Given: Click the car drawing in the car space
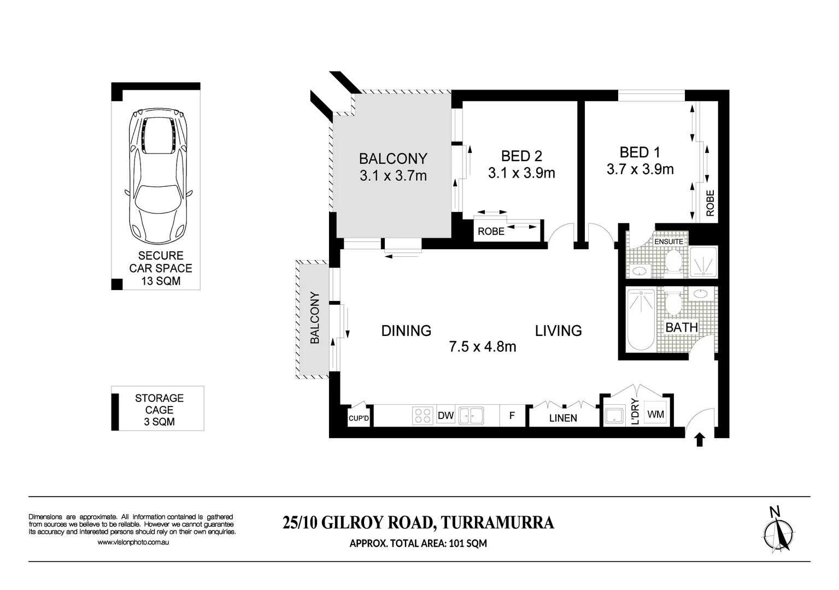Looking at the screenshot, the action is [159, 176].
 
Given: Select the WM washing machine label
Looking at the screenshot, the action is [655, 415].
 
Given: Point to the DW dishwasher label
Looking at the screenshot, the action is [445, 416].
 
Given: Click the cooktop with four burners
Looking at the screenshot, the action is [423, 416].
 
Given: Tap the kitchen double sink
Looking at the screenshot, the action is [471, 416].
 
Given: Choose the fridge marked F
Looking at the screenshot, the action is [512, 416].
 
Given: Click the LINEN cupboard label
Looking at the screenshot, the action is [563, 418].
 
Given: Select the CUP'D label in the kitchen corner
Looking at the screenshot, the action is [359, 418].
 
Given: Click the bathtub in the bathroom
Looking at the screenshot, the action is [641, 320].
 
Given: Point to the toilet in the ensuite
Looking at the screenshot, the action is [673, 261].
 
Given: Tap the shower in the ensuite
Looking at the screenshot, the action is [703, 262].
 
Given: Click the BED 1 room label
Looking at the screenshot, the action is [639, 152].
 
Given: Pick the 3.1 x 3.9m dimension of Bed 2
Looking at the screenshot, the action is [521, 173].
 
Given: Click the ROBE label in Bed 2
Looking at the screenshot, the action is [491, 232].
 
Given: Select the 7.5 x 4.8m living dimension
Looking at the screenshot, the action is [483, 347].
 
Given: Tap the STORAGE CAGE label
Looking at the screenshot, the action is [159, 404].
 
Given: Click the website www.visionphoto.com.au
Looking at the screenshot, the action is [133, 542].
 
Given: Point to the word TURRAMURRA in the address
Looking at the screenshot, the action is [497, 523].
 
